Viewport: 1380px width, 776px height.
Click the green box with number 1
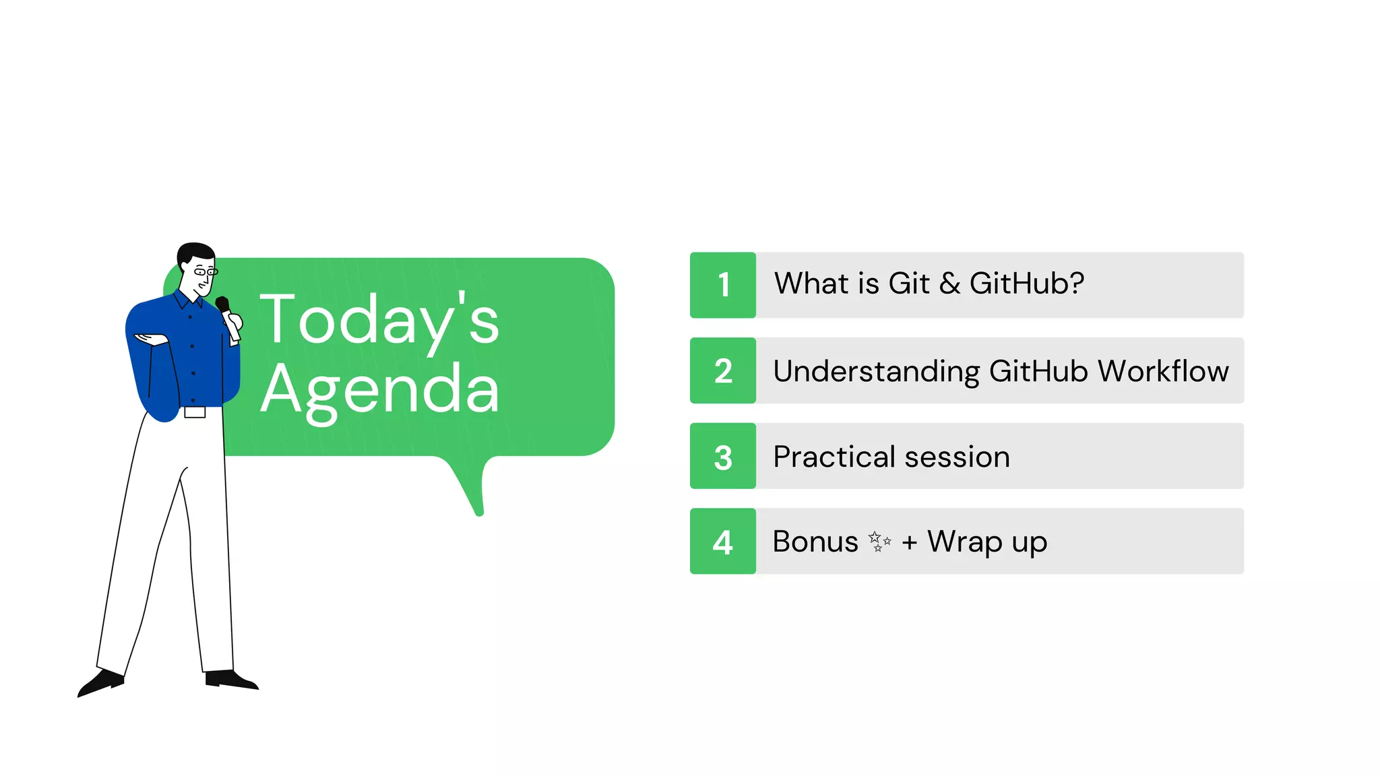coord(723,285)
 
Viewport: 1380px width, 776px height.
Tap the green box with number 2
coord(723,370)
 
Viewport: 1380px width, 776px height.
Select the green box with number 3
coord(723,456)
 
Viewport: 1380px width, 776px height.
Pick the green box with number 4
coord(723,542)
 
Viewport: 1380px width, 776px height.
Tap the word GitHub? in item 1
coord(1026,284)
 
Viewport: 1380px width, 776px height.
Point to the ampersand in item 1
coord(949,284)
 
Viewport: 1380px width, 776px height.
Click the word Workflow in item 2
coord(1163,371)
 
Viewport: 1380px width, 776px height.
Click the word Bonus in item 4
coord(815,542)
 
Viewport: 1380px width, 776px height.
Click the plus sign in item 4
coord(910,542)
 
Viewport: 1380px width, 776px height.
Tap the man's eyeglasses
coord(205,271)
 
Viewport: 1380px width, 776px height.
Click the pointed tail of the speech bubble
coord(475,498)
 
